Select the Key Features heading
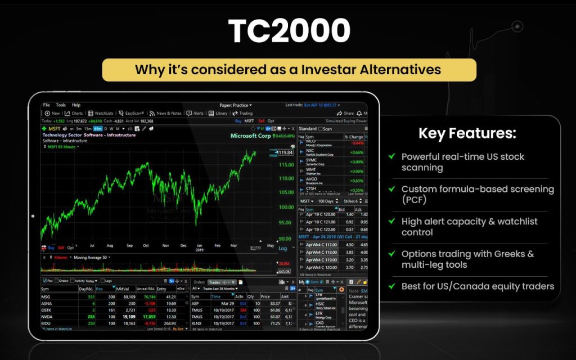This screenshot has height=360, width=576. coord(467,134)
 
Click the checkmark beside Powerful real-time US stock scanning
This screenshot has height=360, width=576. coord(391,156)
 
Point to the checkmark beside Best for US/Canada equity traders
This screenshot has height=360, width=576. coord(391,286)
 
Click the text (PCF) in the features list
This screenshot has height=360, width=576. coord(415,200)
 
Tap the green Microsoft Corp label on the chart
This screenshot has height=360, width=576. coord(250,136)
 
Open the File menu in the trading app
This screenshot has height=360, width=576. coord(47,105)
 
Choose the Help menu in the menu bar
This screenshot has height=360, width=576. coord(76,105)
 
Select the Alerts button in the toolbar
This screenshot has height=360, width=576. coord(195,113)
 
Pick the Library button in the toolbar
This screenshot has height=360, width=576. coord(218,113)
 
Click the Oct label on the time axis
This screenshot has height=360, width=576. coord(146,246)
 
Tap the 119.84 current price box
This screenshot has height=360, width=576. coord(286,152)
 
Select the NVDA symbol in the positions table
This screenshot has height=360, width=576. coord(48,317)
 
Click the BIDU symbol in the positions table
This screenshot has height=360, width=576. coord(47,324)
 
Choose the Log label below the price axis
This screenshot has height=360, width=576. coord(283,247)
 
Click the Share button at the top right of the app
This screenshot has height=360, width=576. coord(345,113)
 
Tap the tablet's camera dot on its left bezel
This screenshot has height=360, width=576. coord(33,216)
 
